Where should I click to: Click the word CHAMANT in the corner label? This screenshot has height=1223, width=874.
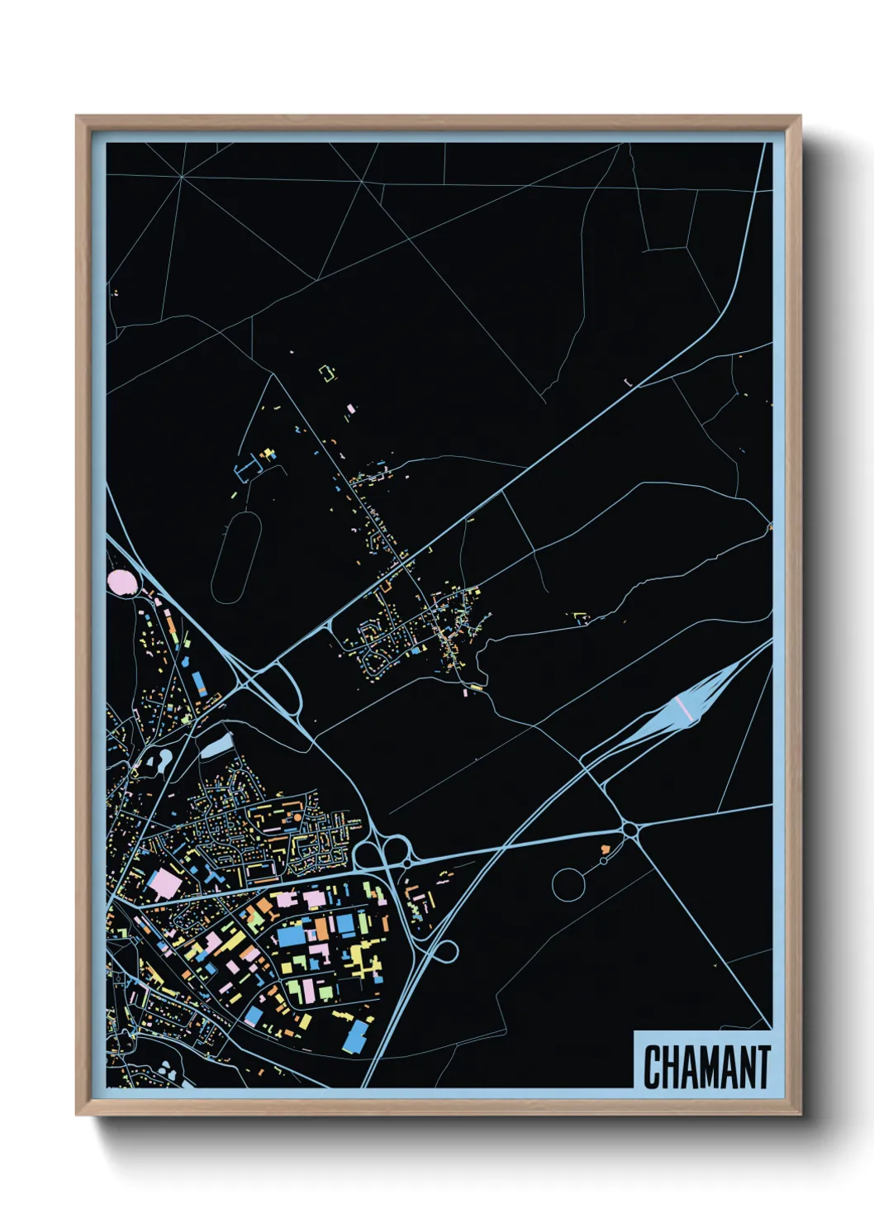(706, 1067)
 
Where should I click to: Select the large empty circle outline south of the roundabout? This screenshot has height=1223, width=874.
(568, 884)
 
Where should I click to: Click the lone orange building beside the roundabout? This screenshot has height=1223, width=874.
(606, 849)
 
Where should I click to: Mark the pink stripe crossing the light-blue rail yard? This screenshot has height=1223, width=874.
(685, 707)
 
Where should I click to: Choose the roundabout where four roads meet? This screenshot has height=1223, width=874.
(630, 829)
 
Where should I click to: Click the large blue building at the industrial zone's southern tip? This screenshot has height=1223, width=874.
(356, 1036)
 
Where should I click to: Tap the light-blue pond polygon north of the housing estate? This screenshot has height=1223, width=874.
(216, 746)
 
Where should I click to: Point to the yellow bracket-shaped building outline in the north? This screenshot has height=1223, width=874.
(329, 374)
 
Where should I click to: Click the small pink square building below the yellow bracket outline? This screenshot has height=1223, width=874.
(351, 408)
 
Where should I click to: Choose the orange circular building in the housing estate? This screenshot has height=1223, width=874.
(295, 818)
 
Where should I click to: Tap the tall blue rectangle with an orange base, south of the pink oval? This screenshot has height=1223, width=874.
(199, 683)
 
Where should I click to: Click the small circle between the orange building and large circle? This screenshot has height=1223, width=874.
(604, 861)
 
